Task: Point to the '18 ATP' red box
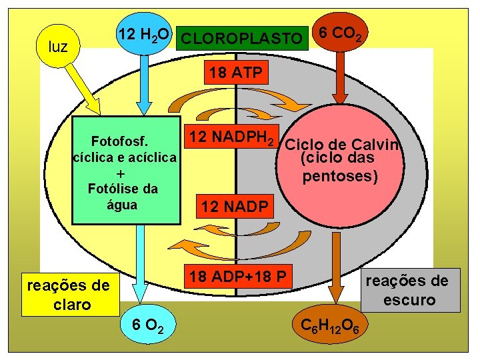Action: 235,73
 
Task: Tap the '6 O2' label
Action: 145,325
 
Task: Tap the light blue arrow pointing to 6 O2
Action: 141,260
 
